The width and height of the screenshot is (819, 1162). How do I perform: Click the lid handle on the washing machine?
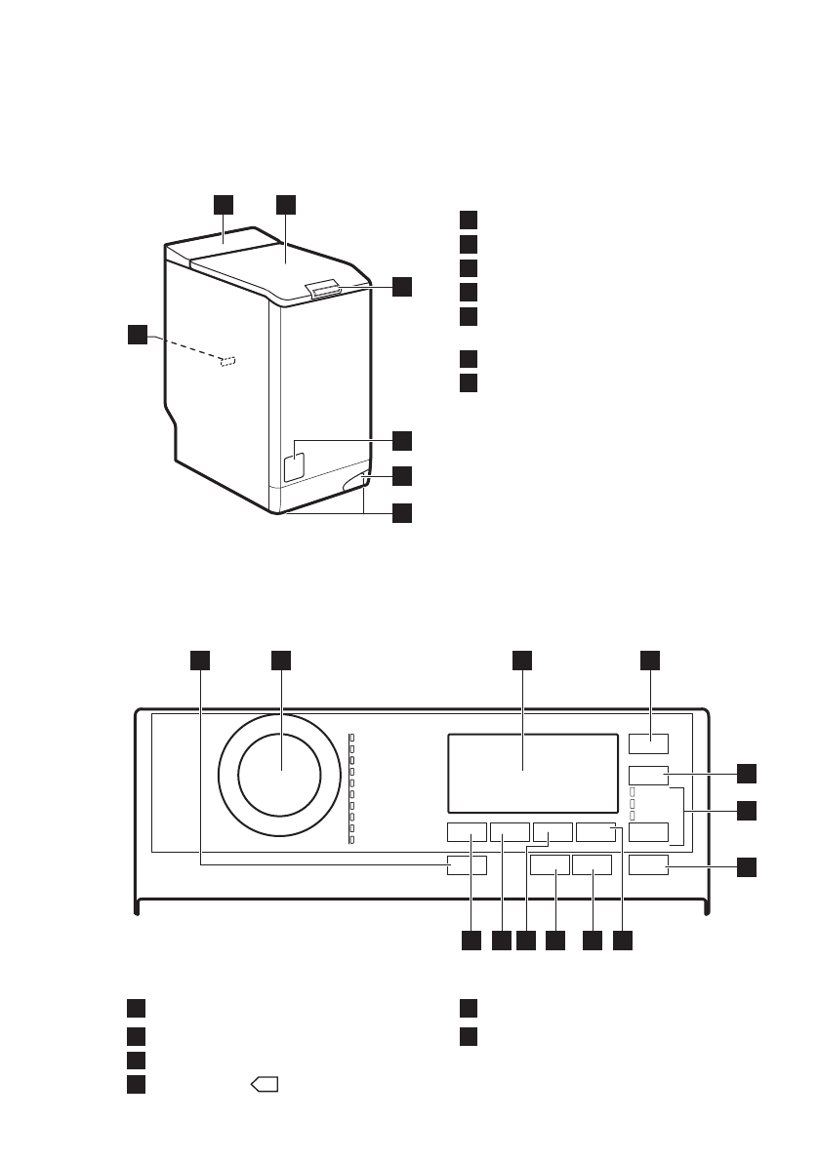pyautogui.click(x=324, y=287)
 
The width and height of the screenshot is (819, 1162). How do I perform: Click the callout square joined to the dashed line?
pyautogui.click(x=140, y=335)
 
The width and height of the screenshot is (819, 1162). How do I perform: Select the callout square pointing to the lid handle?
pyautogui.click(x=402, y=287)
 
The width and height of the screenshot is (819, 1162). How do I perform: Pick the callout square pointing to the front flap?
pyautogui.click(x=402, y=439)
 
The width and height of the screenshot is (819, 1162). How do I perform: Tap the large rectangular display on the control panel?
pyautogui.click(x=532, y=772)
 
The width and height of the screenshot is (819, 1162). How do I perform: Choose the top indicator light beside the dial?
pyautogui.click(x=351, y=738)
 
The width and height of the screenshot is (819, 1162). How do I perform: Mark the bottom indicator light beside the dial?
pyautogui.click(x=351, y=839)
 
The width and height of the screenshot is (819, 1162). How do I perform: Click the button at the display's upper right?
pyautogui.click(x=648, y=743)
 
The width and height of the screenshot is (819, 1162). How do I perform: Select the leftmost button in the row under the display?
pyautogui.click(x=467, y=832)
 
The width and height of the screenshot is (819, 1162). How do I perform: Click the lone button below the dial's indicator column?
pyautogui.click(x=467, y=864)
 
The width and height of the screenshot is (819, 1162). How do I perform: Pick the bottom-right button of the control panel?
pyautogui.click(x=649, y=864)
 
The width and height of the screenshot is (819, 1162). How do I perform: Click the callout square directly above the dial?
pyautogui.click(x=282, y=661)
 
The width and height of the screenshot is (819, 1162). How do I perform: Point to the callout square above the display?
pyautogui.click(x=521, y=661)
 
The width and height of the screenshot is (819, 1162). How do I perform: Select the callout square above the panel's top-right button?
pyautogui.click(x=649, y=661)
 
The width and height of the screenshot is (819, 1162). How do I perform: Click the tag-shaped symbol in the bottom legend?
pyautogui.click(x=266, y=1083)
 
